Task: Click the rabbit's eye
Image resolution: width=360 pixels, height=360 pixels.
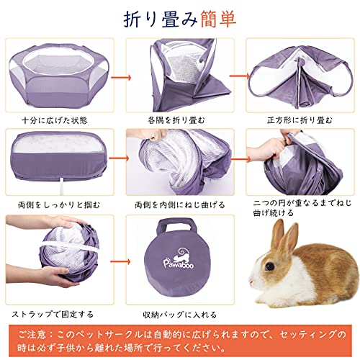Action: point(270,266)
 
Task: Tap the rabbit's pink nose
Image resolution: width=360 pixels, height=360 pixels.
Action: point(251,280)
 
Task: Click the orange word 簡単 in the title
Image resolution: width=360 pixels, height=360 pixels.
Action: point(218,19)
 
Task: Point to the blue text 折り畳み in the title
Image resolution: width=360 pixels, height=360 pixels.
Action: point(161,19)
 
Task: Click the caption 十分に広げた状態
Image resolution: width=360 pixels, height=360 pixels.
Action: point(55,120)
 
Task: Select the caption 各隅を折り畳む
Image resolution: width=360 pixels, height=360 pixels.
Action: point(176,120)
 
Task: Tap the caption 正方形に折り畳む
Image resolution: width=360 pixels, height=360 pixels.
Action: point(300,120)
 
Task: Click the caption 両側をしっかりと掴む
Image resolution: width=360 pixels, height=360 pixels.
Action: point(59,204)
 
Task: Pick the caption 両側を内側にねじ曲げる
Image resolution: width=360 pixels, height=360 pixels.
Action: point(180,204)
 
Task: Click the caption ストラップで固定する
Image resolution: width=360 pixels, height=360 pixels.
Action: point(53,314)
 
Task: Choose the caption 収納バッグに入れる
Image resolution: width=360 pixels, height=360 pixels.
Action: point(180,315)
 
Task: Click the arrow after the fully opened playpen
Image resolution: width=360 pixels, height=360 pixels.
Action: point(121,78)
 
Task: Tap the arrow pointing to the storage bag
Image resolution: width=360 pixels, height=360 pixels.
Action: point(120,261)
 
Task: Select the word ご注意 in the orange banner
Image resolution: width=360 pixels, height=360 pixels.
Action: point(32,334)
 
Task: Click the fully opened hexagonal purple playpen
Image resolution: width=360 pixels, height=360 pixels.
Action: point(59,75)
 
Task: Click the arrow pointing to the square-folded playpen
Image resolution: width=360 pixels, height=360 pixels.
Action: point(240,76)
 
